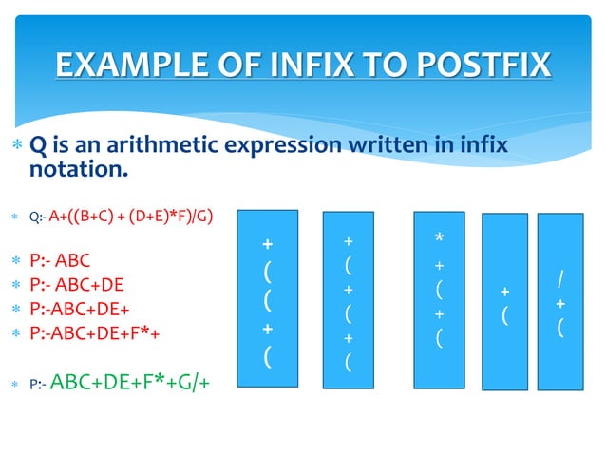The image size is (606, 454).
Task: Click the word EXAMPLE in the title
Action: [127, 66]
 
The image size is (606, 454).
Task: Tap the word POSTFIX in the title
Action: [480, 66]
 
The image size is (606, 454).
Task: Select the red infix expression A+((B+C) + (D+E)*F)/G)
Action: [131, 216]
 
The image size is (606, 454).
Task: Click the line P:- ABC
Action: [61, 260]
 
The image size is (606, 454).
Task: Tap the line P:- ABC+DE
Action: [77, 284]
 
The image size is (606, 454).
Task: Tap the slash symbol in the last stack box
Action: [561, 279]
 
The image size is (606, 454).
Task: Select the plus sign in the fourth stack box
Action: [504, 292]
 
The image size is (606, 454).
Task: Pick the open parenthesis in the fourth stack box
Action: [504, 315]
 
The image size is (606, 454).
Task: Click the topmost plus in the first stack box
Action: [268, 245]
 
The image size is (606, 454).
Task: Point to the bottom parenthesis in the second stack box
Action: [349, 361]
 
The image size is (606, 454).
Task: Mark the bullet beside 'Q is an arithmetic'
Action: [15, 146]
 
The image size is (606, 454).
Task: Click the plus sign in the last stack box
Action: [561, 304]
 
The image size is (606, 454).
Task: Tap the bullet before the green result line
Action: [15, 385]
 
